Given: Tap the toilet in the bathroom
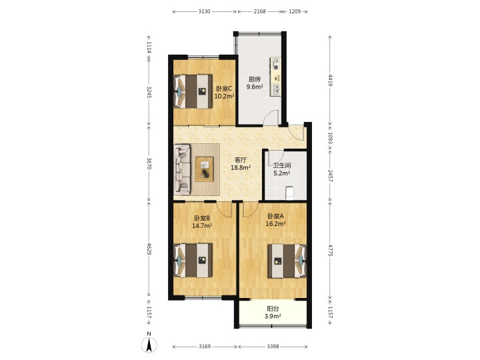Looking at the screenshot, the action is tap(289, 193).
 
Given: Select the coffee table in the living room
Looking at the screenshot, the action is tap(205, 169).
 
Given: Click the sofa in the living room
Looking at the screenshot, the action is tap(182, 169).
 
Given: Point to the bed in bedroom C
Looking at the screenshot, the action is tap(193, 91).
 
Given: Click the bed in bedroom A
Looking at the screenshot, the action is tap(287, 261).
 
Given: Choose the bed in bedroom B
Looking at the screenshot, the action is tap(193, 260).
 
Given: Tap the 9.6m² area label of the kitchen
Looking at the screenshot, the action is tap(255, 87).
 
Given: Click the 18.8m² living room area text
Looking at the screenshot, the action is tap(241, 167).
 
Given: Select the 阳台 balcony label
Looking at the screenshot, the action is tap(273, 309).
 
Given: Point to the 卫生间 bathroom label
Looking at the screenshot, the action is tap(282, 165).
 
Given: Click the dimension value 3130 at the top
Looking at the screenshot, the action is tap(205, 11).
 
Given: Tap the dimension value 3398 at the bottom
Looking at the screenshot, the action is tap(273, 347).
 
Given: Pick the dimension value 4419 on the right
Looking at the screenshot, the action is tap(330, 80).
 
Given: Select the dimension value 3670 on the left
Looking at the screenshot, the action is tap(149, 163).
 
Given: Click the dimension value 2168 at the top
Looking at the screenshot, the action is tap(259, 11).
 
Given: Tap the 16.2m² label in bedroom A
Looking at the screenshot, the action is tap(275, 224).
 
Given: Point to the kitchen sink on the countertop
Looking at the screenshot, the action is tap(276, 89).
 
